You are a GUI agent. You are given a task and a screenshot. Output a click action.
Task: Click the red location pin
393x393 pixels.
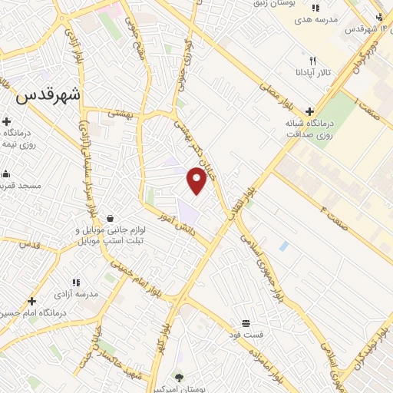click(x=196, y=180)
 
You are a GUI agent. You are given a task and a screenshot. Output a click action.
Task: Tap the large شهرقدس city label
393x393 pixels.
click(x=48, y=96)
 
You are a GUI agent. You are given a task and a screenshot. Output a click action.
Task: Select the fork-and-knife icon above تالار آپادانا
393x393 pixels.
click(x=312, y=60)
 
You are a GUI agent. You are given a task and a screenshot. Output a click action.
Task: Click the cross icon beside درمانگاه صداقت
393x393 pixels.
click(x=309, y=111)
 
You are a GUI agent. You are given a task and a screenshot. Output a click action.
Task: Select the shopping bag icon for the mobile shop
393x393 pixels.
click(x=112, y=218)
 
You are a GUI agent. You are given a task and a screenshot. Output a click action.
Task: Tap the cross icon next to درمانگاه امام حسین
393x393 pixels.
click(x=31, y=301)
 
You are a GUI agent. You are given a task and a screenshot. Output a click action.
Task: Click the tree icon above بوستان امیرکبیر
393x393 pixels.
click(x=179, y=378)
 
